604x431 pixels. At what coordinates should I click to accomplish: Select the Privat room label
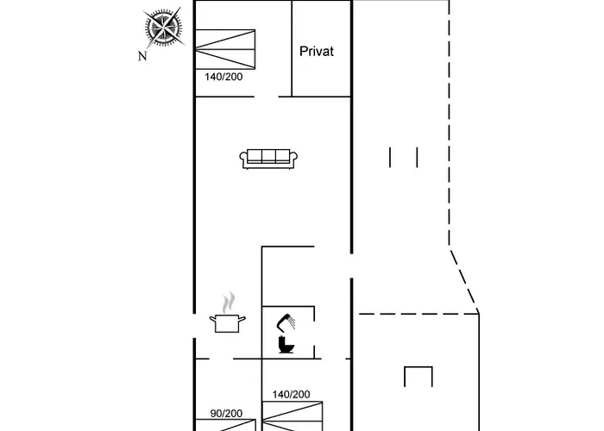tap(316, 51)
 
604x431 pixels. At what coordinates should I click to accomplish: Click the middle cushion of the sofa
tap(269, 157)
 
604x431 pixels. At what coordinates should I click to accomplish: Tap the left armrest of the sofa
tap(242, 159)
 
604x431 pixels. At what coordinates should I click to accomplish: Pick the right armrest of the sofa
tap(295, 159)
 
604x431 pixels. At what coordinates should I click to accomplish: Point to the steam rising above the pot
tap(228, 303)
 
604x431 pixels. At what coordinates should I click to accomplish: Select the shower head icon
tap(287, 322)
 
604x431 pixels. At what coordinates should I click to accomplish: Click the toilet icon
tap(287, 345)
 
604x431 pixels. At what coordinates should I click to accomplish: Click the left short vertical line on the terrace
tap(391, 157)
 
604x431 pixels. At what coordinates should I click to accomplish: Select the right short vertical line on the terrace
tap(417, 157)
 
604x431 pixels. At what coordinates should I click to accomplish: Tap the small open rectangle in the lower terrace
tap(417, 376)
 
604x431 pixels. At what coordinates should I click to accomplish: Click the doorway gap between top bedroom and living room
tap(267, 97)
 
